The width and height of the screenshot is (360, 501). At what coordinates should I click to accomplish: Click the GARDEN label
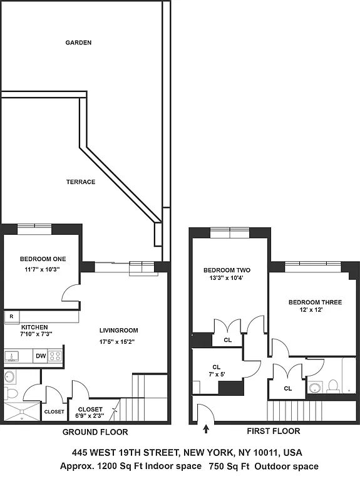tap(79, 43)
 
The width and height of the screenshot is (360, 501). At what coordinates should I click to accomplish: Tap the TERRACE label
tap(81, 182)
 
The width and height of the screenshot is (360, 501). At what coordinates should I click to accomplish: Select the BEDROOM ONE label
tap(43, 259)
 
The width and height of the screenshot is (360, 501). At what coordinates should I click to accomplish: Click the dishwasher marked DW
tap(40, 356)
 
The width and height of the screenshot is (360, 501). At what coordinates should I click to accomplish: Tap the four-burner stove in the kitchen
tap(56, 356)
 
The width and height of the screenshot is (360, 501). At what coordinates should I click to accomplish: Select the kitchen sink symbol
tap(11, 356)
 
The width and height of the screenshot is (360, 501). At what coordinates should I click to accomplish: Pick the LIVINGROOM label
tap(118, 330)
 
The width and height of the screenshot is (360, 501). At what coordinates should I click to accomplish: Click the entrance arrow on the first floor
tap(206, 429)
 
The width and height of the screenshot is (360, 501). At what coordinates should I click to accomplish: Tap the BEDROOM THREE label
tap(315, 302)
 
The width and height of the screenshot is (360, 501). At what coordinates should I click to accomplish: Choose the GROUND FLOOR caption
tap(95, 432)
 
